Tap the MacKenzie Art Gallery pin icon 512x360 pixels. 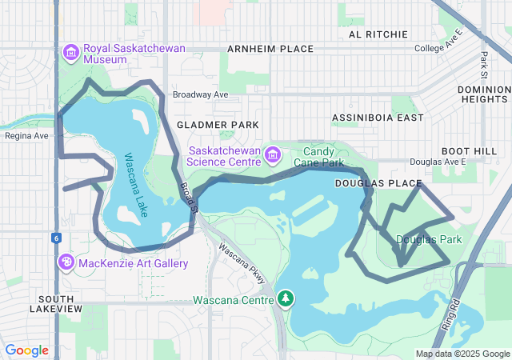click(x=66, y=262)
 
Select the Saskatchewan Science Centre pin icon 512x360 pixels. click(x=272, y=153)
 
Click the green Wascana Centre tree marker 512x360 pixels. click(x=286, y=299)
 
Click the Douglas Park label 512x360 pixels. click(x=429, y=239)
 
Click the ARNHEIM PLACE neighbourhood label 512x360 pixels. click(x=270, y=49)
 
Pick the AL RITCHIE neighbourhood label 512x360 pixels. click(x=378, y=34)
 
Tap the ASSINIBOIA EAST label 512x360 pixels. click(x=378, y=118)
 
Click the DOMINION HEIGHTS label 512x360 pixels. click(x=483, y=94)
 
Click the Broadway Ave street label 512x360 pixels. click(x=200, y=94)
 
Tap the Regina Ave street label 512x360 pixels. click(x=27, y=135)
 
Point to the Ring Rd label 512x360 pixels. click(x=453, y=314)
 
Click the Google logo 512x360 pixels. click(x=27, y=350)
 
